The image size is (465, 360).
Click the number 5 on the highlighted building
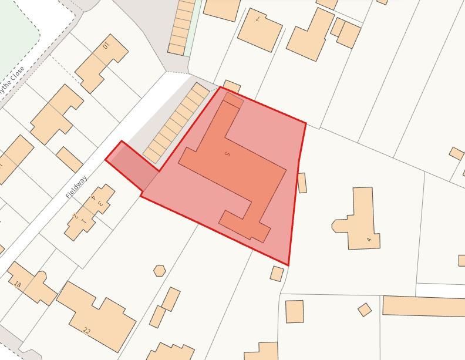coord(227,154)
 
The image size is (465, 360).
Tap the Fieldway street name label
coord(76,187)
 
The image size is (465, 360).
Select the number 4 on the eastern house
coord(369,239)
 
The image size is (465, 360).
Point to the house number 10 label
coord(106,45)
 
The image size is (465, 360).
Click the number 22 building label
coord(87,331)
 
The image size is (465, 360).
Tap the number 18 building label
coord(18,285)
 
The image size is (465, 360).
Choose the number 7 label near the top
coord(258,19)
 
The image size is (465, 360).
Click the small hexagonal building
coord(160,271)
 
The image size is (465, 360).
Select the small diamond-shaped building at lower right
coord(365,309)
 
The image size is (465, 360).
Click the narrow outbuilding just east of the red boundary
coord(302,183)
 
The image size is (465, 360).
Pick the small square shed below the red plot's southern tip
coord(277,273)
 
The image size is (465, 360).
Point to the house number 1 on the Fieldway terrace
coord(83,221)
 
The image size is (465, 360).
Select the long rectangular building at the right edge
coord(423,306)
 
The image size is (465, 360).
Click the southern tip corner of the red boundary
coord(288,265)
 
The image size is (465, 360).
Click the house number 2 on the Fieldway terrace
coord(75,216)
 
